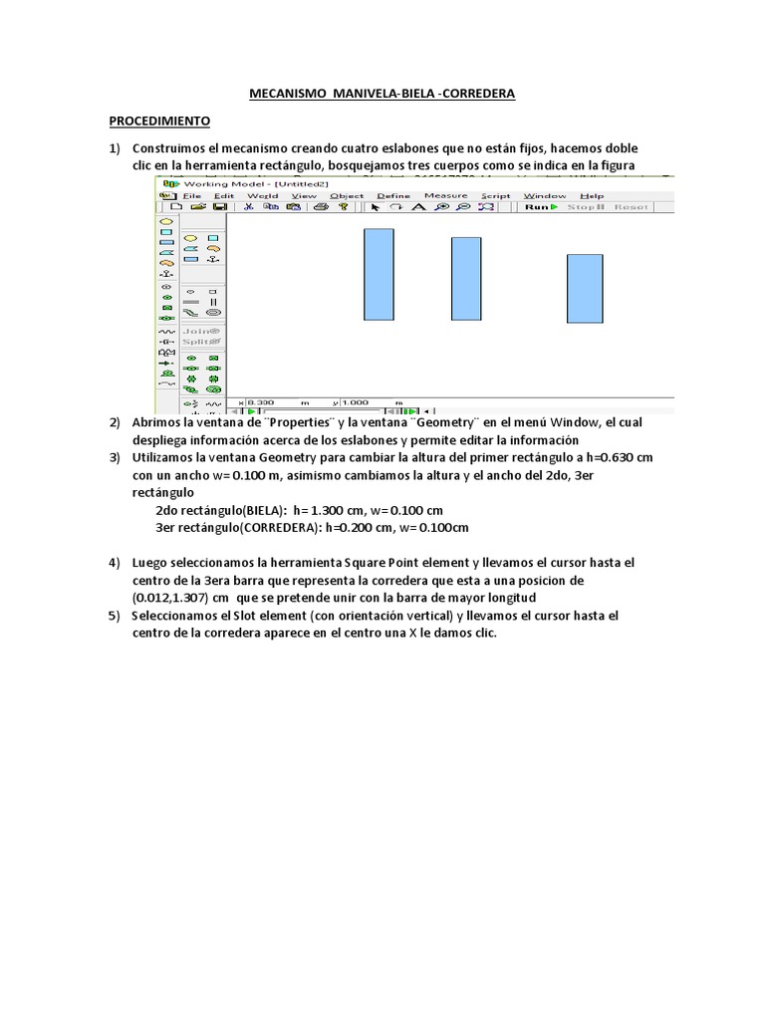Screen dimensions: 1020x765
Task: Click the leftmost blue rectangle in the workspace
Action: [x=379, y=274]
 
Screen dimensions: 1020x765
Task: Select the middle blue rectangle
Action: [x=466, y=278]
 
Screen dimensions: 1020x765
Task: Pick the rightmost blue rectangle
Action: [x=585, y=287]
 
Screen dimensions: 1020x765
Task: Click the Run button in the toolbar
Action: [x=539, y=207]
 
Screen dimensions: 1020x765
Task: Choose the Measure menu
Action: [x=445, y=196]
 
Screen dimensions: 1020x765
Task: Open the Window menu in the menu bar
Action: [x=545, y=196]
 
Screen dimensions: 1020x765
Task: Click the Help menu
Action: [x=592, y=196]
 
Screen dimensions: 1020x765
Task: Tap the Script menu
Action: [x=495, y=196]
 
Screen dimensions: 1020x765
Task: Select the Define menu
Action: [x=393, y=196]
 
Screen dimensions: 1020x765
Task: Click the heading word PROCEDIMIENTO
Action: [x=159, y=121]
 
